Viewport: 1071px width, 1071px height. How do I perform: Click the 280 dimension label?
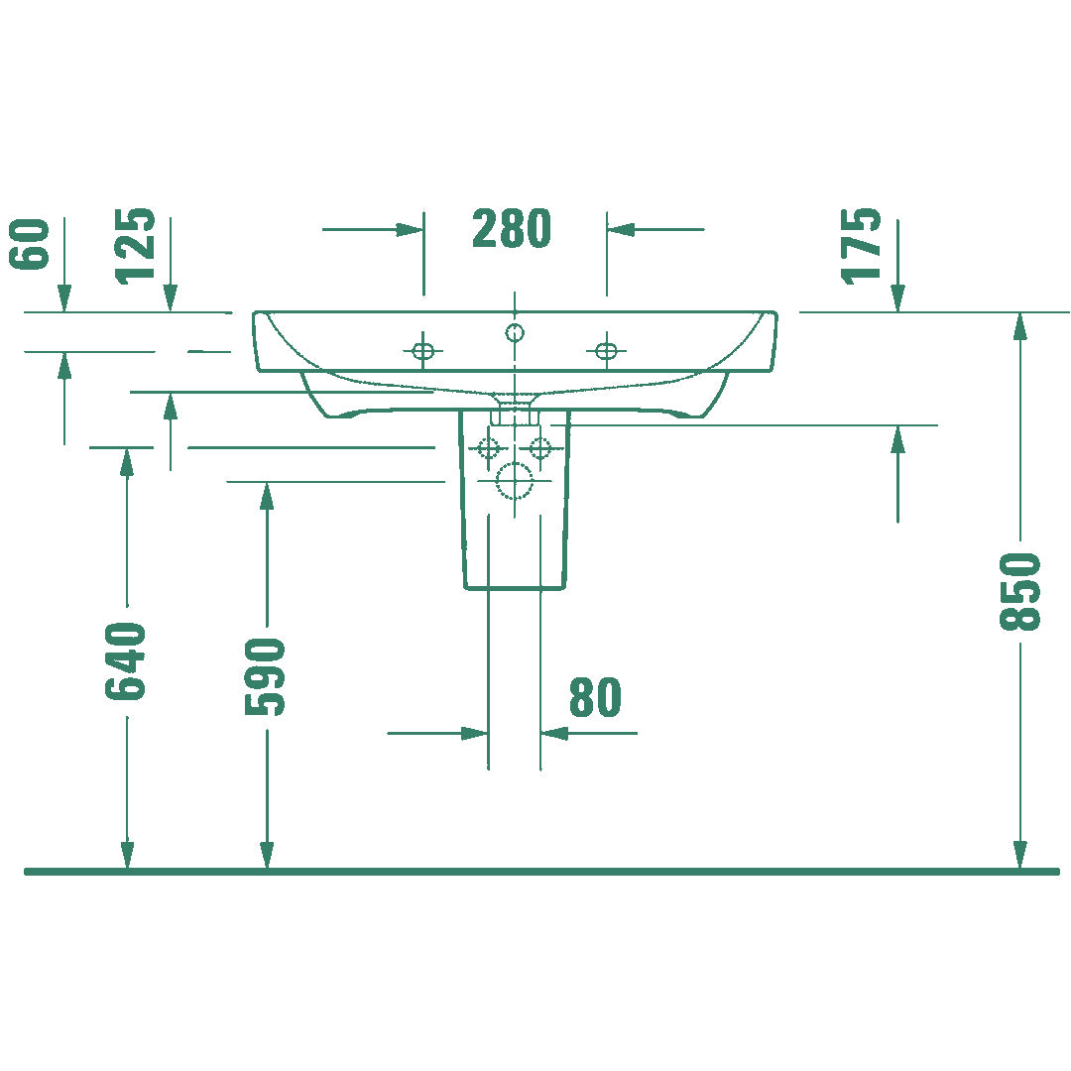click(512, 228)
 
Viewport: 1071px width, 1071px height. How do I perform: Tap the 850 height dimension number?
click(1019, 591)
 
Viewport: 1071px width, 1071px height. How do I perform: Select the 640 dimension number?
click(126, 661)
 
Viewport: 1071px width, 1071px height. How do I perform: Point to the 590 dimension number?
click(265, 677)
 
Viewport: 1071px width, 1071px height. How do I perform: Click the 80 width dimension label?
click(596, 697)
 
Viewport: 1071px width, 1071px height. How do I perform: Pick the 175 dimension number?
click(862, 246)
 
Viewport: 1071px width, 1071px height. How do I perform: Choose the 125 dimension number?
click(135, 246)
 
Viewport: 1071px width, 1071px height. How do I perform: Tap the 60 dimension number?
click(30, 245)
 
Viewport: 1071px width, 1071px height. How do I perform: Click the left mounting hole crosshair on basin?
click(422, 351)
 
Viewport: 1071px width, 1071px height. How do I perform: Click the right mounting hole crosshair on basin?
click(606, 351)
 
